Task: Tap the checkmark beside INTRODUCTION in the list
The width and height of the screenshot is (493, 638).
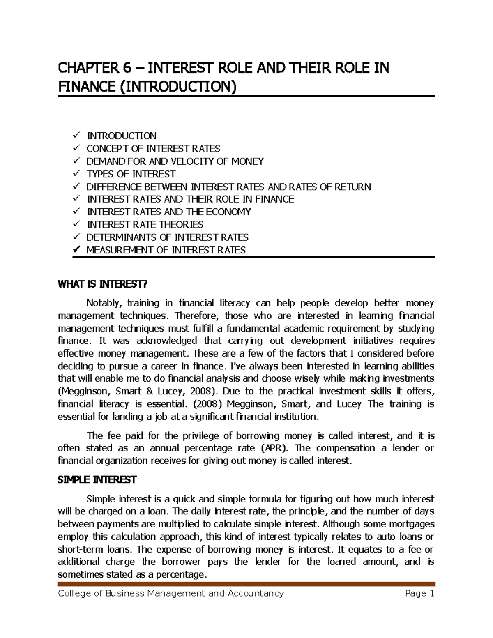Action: click(x=76, y=136)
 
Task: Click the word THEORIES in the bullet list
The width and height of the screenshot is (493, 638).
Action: click(x=182, y=225)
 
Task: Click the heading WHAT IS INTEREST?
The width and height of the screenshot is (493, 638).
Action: click(x=102, y=284)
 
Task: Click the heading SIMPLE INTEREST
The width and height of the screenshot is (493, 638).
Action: click(x=97, y=480)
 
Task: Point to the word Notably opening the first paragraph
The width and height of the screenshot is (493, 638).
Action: click(x=104, y=304)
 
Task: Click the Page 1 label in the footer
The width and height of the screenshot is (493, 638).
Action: click(x=419, y=593)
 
